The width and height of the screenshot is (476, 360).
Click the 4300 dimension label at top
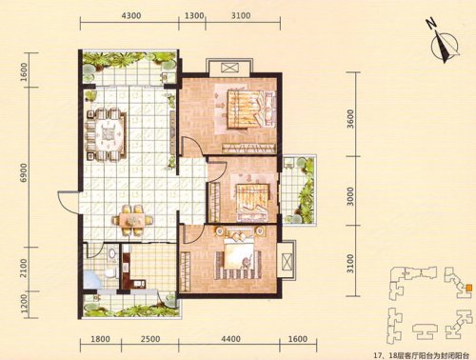[131, 15]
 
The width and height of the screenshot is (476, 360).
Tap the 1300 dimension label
[193, 15]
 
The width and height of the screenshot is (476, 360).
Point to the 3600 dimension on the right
[350, 119]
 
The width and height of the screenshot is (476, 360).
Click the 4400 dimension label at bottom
[230, 339]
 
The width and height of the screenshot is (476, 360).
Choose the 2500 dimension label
[150, 339]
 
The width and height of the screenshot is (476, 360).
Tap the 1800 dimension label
[100, 339]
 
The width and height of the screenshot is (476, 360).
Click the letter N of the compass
[430, 24]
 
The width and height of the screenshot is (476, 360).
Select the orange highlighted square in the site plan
[468, 288]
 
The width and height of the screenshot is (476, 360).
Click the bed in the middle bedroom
[253, 202]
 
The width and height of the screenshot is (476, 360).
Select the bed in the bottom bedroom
[239, 251]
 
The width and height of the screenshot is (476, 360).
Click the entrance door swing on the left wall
[69, 203]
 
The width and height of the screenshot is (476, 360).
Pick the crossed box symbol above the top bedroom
[229, 68]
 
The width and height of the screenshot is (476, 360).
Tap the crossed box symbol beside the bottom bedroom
[287, 261]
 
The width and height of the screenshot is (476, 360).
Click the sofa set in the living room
[107, 133]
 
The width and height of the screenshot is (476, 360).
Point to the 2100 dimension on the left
[23, 269]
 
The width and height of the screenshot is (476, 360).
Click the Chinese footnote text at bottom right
[422, 354]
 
